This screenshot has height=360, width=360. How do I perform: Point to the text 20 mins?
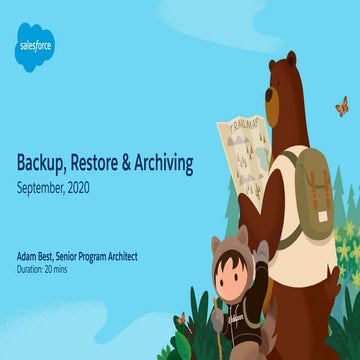coord(59,268)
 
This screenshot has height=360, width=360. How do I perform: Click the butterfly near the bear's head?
coord(342,106)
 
